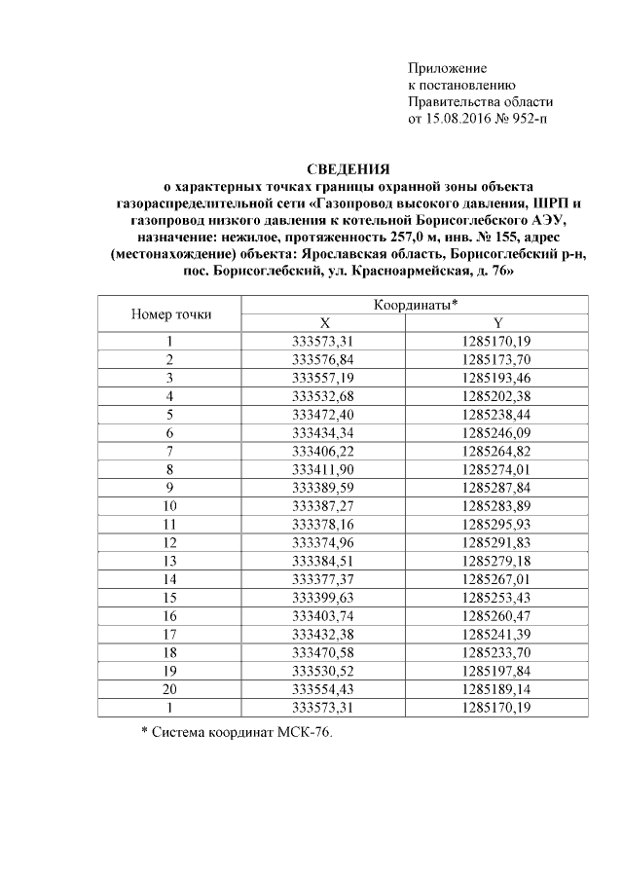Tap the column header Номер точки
tap(170, 314)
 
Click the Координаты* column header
tap(416, 306)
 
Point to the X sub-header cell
tap(325, 323)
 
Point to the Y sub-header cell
tap(498, 323)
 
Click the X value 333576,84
tap(325, 358)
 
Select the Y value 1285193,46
tap(498, 376)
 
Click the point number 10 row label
tap(170, 505)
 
